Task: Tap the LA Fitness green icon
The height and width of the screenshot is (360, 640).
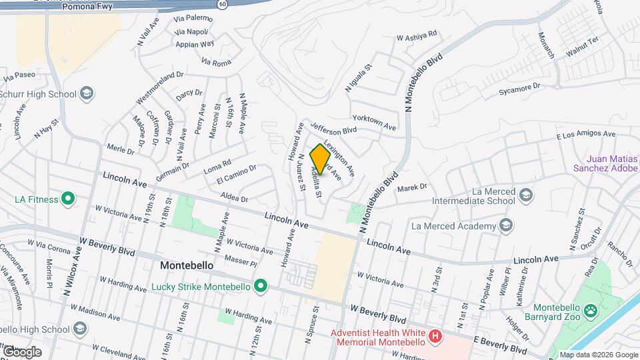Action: click(67, 198)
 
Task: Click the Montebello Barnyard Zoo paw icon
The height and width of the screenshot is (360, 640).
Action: click(589, 310)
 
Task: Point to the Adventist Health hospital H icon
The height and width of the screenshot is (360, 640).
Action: click(435, 335)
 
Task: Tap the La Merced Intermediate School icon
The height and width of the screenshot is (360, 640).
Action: click(526, 194)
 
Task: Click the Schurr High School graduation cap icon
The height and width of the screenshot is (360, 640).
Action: click(86, 93)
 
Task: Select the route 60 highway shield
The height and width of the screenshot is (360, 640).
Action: click(223, 3)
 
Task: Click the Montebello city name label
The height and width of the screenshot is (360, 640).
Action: click(187, 265)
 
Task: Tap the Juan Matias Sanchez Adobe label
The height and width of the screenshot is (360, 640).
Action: click(611, 163)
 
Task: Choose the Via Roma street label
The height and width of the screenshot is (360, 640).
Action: click(215, 62)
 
